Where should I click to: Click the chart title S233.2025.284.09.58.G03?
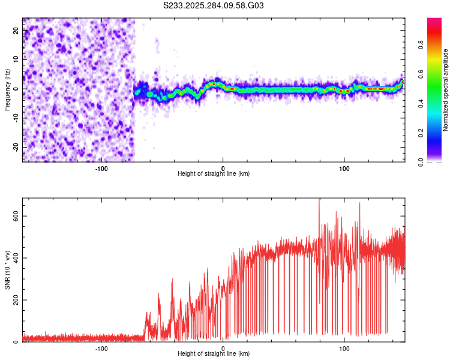pos(214,5)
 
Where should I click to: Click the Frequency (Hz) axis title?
pos(7,90)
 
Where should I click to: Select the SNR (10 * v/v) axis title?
pos(7,270)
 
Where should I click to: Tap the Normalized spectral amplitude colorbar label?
pos(446,90)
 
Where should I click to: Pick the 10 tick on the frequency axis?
pos(16,59)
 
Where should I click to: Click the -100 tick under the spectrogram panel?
pos(101,167)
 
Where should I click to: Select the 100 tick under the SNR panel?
pos(344,348)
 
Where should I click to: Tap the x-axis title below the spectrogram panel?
pos(214,174)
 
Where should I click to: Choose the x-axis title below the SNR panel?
pos(214,355)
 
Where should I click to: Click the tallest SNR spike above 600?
pos(319,201)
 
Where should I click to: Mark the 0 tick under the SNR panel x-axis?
pos(223,348)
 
